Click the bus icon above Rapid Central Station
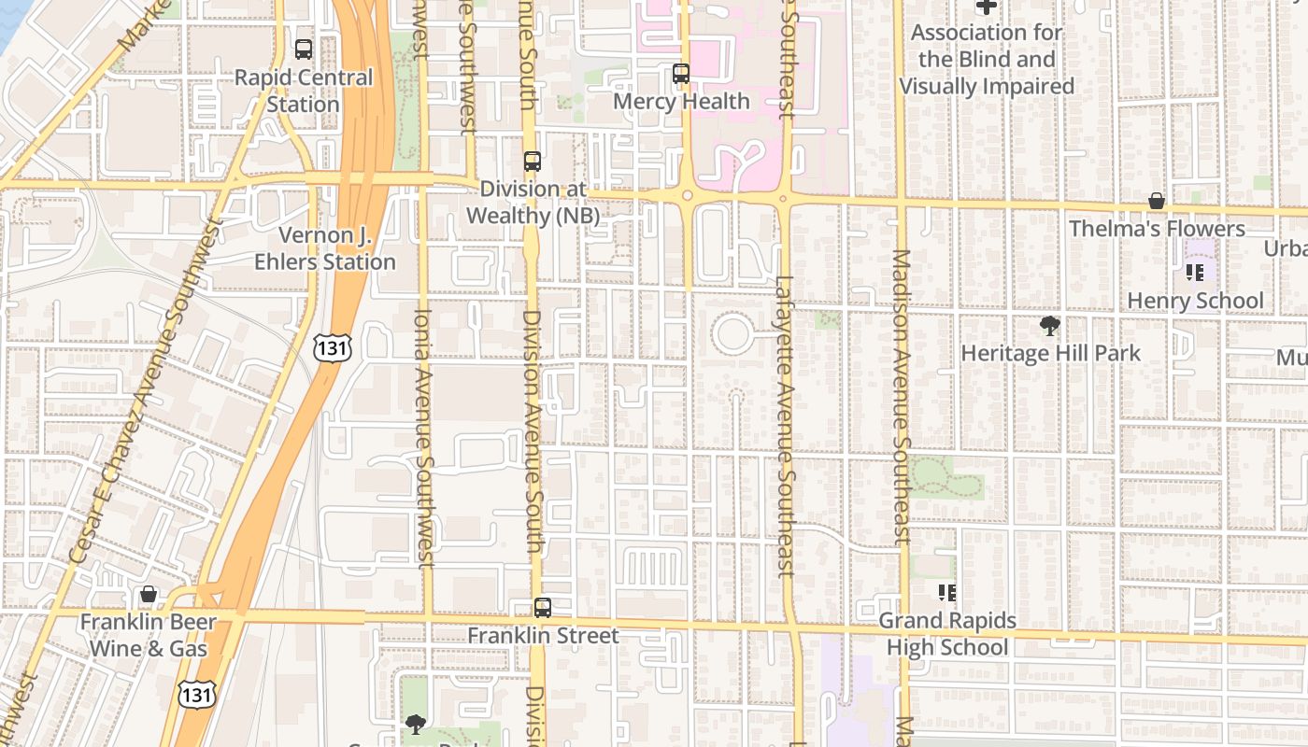pyautogui.click(x=304, y=49)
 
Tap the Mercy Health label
pyautogui.click(x=682, y=101)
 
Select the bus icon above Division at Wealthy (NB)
pyautogui.click(x=533, y=162)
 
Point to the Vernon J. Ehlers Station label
pyautogui.click(x=325, y=248)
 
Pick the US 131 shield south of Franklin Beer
pyautogui.click(x=197, y=693)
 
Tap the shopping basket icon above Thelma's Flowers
pyautogui.click(x=1157, y=201)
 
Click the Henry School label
pyautogui.click(x=1195, y=301)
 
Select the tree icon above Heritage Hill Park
pyautogui.click(x=1050, y=326)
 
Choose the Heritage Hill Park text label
pyautogui.click(x=1050, y=353)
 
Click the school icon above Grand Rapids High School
pyautogui.click(x=947, y=593)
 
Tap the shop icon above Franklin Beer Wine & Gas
pyautogui.click(x=149, y=594)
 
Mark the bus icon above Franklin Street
pyautogui.click(x=543, y=608)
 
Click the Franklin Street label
pyautogui.click(x=543, y=636)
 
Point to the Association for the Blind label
pyautogui.click(x=987, y=60)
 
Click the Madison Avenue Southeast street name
pyautogui.click(x=901, y=397)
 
